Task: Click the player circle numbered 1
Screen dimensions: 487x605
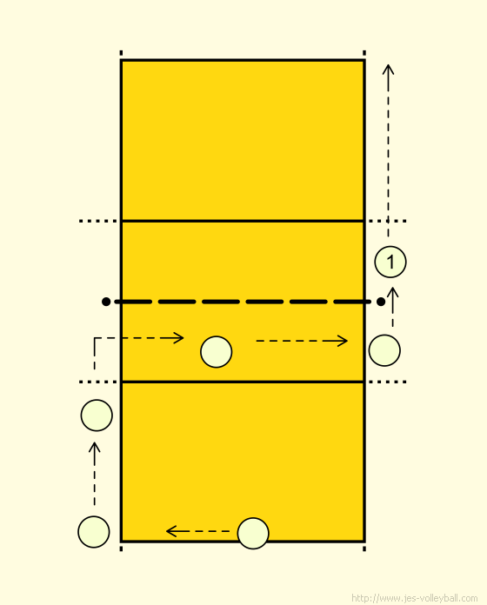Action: [390, 262]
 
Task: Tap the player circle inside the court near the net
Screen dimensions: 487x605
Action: [216, 352]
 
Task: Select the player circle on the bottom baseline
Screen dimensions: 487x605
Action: [253, 533]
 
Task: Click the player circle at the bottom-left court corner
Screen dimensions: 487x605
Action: [93, 532]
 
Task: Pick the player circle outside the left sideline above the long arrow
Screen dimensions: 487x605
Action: [97, 416]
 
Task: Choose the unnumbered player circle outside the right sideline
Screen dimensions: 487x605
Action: [384, 350]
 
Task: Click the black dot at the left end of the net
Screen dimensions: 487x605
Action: [106, 302]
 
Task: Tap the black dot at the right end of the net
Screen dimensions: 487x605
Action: [381, 302]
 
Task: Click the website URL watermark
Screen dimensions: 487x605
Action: [414, 598]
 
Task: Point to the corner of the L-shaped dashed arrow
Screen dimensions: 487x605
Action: [95, 338]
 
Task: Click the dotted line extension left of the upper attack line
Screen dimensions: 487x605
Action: [98, 221]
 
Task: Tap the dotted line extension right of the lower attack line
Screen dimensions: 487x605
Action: [388, 382]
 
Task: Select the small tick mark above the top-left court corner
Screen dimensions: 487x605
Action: [121, 52]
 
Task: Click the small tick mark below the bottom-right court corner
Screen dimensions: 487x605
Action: [364, 548]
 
